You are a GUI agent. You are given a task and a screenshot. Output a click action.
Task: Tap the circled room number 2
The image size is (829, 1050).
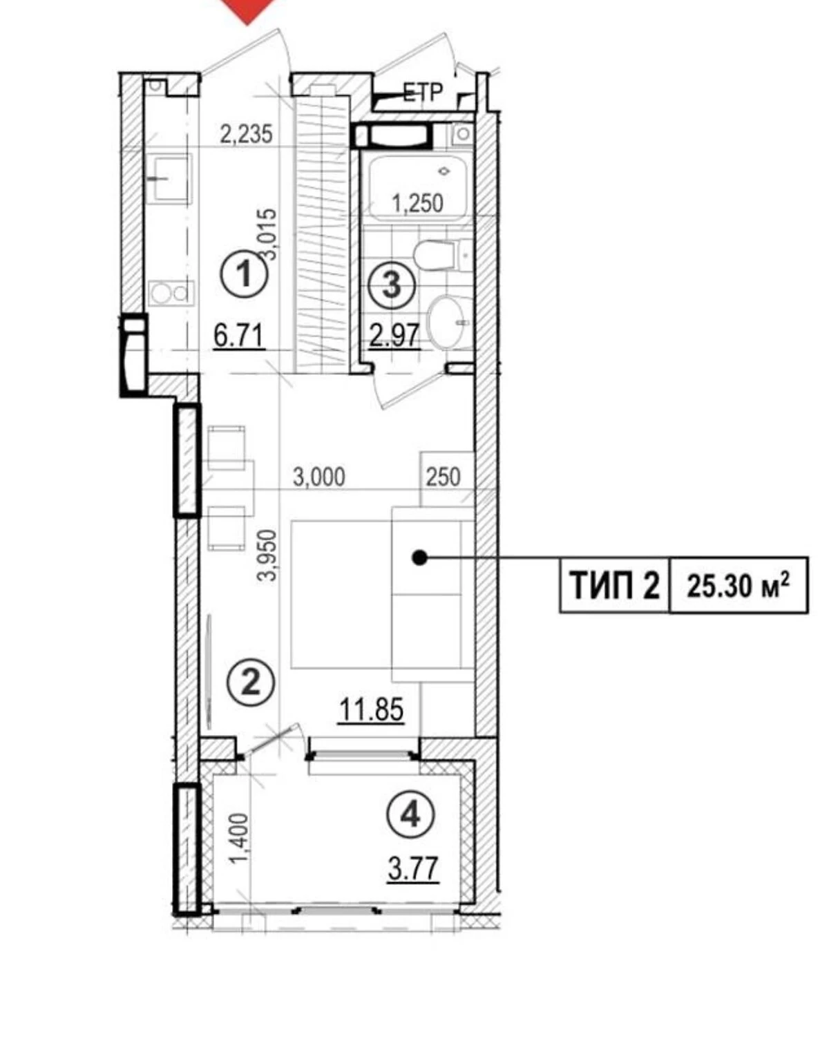tap(251, 682)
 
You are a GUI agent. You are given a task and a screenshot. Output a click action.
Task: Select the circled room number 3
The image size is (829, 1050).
tap(392, 285)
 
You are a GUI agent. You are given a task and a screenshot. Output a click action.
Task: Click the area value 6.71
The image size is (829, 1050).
tap(239, 336)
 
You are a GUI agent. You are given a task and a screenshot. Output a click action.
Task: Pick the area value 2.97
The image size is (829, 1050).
tap(394, 336)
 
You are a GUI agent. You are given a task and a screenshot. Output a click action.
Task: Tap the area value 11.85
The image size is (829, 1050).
tap(371, 709)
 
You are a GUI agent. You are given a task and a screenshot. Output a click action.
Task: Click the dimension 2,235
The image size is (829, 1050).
tap(246, 134)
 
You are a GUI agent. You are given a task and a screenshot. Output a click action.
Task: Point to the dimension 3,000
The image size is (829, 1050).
tap(319, 476)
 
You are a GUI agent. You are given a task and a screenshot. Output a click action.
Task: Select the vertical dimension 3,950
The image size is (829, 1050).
tap(267, 555)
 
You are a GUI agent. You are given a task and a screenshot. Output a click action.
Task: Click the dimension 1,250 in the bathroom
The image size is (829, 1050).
tap(418, 203)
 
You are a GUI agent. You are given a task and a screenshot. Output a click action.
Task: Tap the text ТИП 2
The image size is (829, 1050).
tap(615, 585)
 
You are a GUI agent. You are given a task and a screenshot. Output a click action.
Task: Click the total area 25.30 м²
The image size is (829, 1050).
tap(739, 586)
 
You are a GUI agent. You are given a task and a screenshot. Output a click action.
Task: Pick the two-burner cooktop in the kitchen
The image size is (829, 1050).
tap(171, 293)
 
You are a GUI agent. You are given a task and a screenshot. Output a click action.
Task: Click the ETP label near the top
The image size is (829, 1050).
tap(423, 92)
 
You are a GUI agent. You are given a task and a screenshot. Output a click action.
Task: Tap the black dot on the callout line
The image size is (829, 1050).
tap(419, 557)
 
